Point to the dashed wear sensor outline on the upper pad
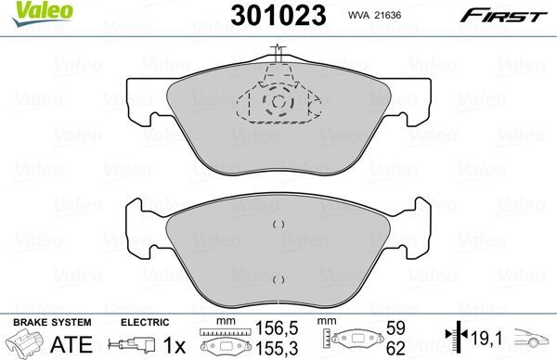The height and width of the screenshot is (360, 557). pyautogui.click(x=276, y=97)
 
